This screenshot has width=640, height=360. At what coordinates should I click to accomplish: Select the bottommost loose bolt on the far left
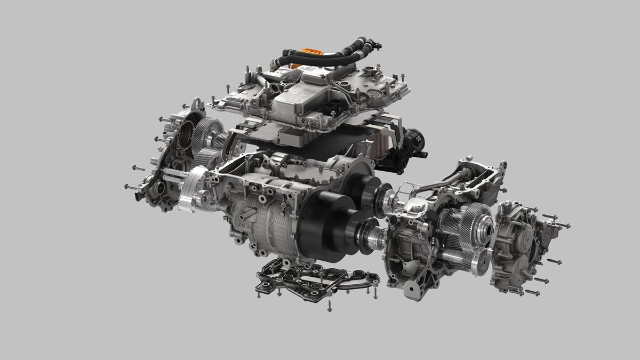click(x=130, y=187)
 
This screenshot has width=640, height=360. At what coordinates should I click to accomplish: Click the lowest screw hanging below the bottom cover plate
click(x=329, y=306)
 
